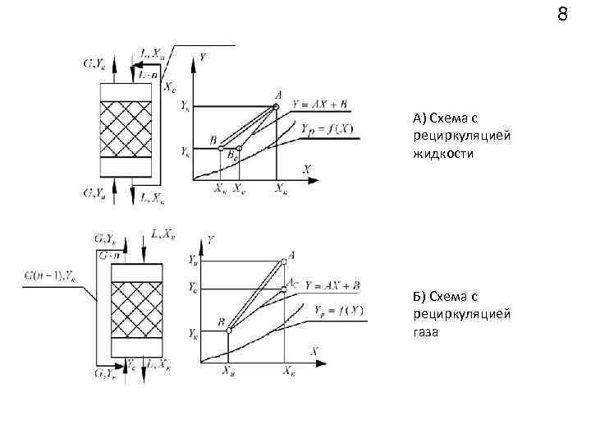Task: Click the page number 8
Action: pyautogui.click(x=562, y=14)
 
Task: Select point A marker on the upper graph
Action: pyautogui.click(x=276, y=106)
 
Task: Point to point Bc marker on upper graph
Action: pyautogui.click(x=239, y=149)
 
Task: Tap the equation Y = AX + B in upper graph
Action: pyautogui.click(x=325, y=105)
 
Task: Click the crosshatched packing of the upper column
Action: pyautogui.click(x=126, y=129)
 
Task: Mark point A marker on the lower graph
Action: pyautogui.click(x=285, y=261)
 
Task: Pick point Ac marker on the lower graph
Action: pyautogui.click(x=285, y=289)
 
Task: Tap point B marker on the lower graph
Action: pyautogui.click(x=229, y=330)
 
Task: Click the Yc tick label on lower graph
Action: pyautogui.click(x=191, y=289)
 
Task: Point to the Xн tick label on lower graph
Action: pyautogui.click(x=230, y=372)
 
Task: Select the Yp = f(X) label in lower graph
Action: pyautogui.click(x=338, y=309)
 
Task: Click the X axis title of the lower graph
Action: pyautogui.click(x=314, y=350)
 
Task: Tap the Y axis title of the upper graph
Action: pyautogui.click(x=202, y=57)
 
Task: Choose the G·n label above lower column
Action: pyautogui.click(x=112, y=255)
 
